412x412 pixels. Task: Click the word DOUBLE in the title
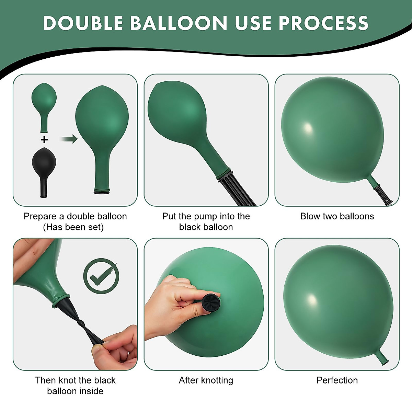coord(83,23)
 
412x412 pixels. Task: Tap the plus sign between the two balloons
coord(44,139)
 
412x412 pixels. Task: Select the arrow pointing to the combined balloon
coord(69,139)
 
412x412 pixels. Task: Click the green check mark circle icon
coord(101,276)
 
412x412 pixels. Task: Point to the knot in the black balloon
coord(81,323)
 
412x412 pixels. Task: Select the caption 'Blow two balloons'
coord(337,216)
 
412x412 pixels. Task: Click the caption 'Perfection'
coord(337,380)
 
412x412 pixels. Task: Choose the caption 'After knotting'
coord(206,380)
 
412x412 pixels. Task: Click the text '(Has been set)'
coord(73,227)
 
